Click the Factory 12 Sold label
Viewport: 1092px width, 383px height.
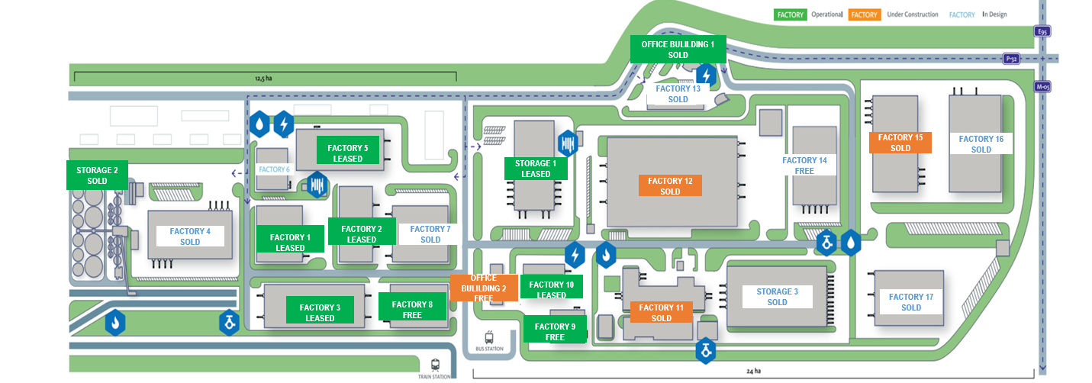pos(670,186)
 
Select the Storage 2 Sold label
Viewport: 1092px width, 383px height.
pos(97,175)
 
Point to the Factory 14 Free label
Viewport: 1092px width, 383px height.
pos(804,166)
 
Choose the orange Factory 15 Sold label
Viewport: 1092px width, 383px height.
pos(900,143)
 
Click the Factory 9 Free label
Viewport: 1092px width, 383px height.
pos(555,331)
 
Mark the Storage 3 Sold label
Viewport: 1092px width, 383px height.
pos(777,297)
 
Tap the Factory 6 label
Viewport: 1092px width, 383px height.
pos(274,169)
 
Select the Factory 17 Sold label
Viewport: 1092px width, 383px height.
pos(911,302)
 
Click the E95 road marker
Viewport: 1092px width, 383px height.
pos(1042,31)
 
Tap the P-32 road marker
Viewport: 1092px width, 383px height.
pos(1011,58)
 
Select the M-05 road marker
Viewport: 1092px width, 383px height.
pos(1042,86)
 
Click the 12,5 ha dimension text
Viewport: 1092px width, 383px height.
pos(263,78)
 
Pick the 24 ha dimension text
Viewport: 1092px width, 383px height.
pos(753,372)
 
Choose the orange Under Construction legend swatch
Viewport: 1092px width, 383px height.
pos(865,14)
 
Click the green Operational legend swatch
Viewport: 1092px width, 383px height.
pos(789,14)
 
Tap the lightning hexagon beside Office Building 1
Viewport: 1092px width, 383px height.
pos(707,75)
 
